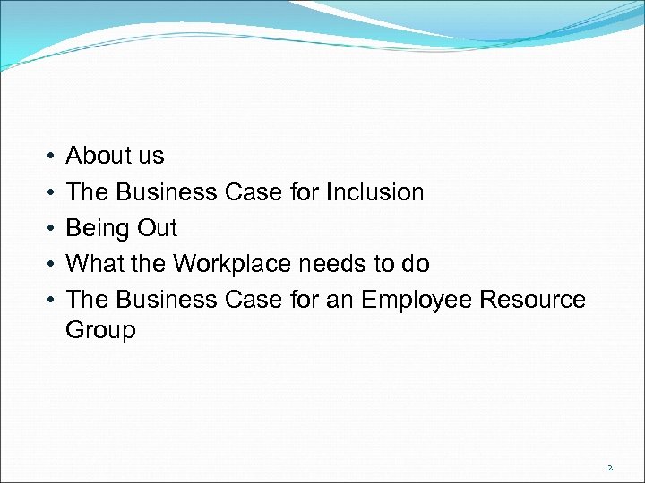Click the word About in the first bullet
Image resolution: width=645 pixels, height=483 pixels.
pos(99,156)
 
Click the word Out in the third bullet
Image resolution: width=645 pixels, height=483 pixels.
pos(157,228)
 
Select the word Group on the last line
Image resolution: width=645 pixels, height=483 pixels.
pos(100,331)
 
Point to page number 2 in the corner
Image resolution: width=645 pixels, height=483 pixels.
pos(609,467)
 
